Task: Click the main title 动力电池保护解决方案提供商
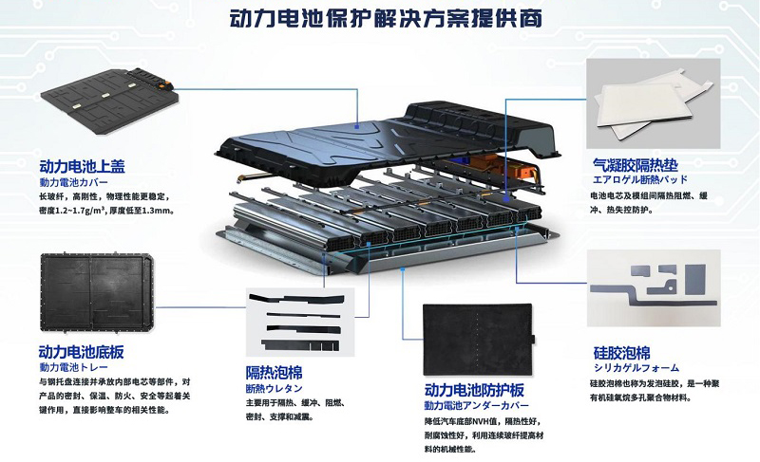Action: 386,18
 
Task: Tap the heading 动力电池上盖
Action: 82,166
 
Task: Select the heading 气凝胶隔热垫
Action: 635,165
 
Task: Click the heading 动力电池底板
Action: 81,352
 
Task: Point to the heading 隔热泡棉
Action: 274,373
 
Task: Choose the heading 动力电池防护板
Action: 474,390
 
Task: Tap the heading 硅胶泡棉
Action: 621,353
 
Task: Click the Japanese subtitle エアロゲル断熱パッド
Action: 639,179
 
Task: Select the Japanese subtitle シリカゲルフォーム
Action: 636,368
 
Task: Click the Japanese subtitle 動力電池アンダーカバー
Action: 477,405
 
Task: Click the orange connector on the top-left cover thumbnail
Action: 166,84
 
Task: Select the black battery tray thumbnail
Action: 97,293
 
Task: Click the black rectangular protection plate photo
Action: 480,339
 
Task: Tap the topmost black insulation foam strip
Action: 296,300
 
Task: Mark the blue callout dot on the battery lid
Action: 357,127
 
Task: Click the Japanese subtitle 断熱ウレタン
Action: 274,388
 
